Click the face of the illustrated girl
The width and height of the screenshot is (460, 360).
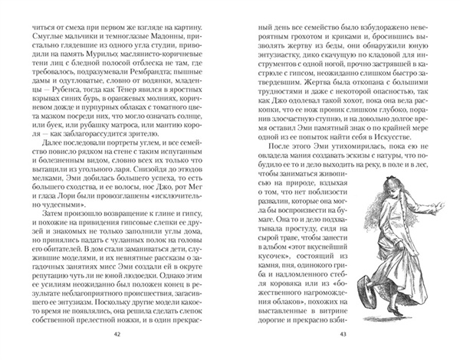click(397, 232)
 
